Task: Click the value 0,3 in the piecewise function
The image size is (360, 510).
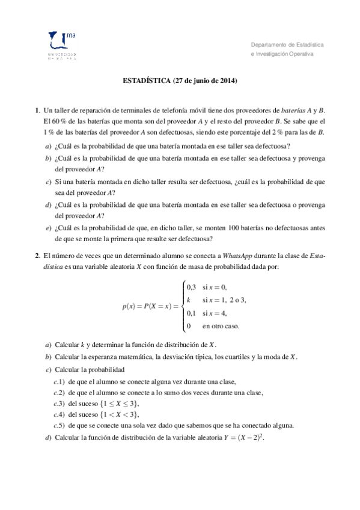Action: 191,286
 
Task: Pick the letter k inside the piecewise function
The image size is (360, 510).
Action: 189,300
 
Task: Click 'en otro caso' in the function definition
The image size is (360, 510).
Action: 221,326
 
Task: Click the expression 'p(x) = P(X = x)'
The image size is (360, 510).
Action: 149,307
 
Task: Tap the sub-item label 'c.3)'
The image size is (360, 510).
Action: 59,404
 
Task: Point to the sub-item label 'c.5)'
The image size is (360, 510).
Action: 59,425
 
